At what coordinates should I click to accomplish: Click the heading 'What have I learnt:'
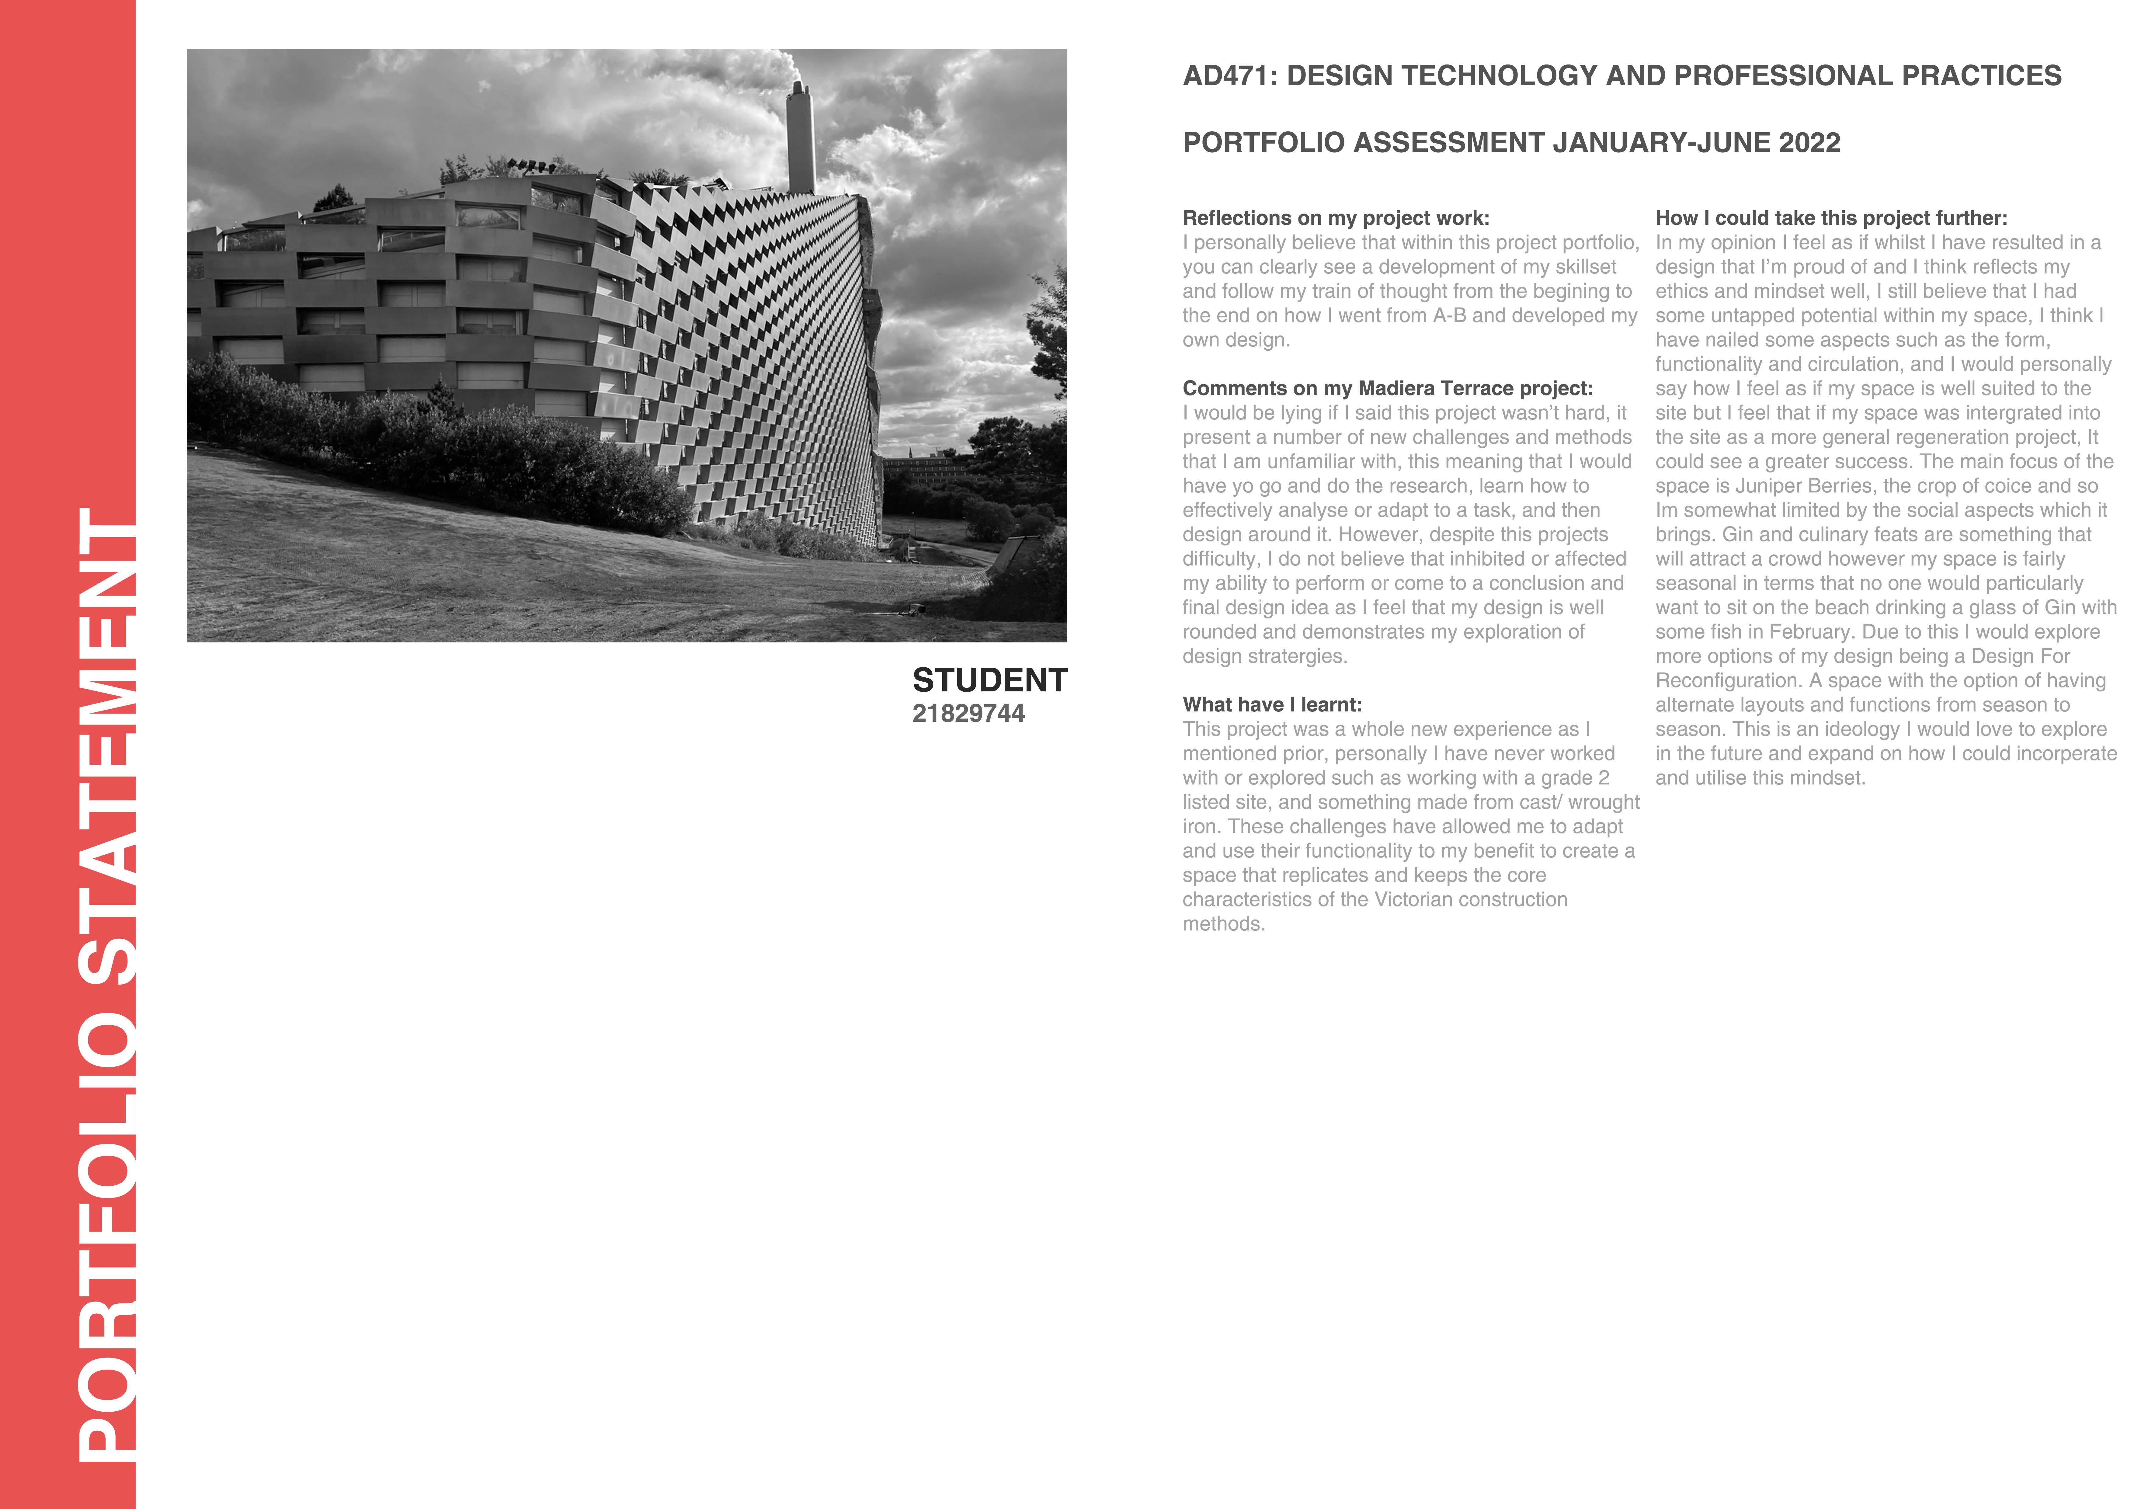click(1271, 705)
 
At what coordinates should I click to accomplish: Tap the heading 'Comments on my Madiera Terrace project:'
click(1387, 389)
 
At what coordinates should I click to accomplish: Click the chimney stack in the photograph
click(800, 137)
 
